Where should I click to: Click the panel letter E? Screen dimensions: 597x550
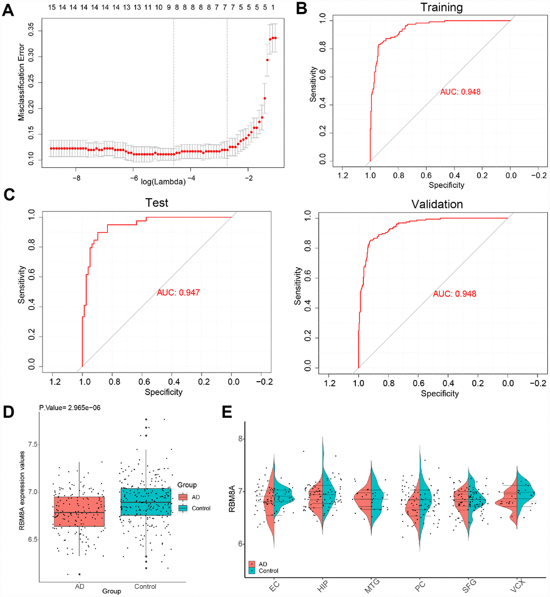pyautogui.click(x=229, y=413)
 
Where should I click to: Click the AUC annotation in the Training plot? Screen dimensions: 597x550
pyautogui.click(x=460, y=92)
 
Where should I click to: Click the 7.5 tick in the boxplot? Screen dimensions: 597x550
pyautogui.click(x=31, y=444)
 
